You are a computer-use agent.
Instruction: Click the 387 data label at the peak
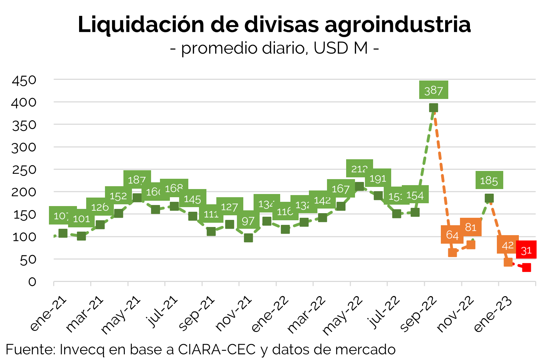[433, 90]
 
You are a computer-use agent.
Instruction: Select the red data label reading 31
[526, 250]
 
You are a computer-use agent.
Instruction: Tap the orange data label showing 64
[452, 235]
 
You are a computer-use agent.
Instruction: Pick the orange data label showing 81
[471, 227]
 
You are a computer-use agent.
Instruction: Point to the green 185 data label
[489, 181]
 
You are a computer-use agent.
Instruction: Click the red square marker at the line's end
[527, 267]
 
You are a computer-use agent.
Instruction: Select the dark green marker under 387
[433, 107]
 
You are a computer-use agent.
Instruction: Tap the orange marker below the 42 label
[508, 262]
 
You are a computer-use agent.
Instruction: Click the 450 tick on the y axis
[24, 80]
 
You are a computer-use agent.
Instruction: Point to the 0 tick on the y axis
[32, 282]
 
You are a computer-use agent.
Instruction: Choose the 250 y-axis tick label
[24, 170]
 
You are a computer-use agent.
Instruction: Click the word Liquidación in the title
[141, 25]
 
